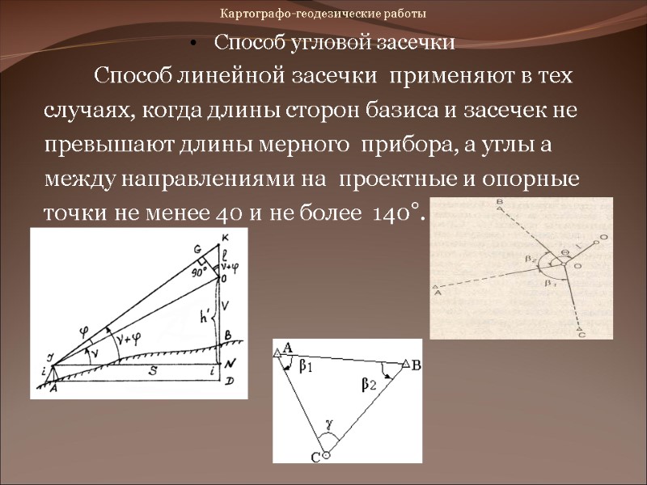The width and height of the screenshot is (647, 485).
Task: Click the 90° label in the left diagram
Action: point(200,272)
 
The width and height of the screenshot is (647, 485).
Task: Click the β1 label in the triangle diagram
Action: point(307,368)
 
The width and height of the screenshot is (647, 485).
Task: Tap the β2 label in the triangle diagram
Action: point(369,386)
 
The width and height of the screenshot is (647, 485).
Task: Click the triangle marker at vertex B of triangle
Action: point(405,365)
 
